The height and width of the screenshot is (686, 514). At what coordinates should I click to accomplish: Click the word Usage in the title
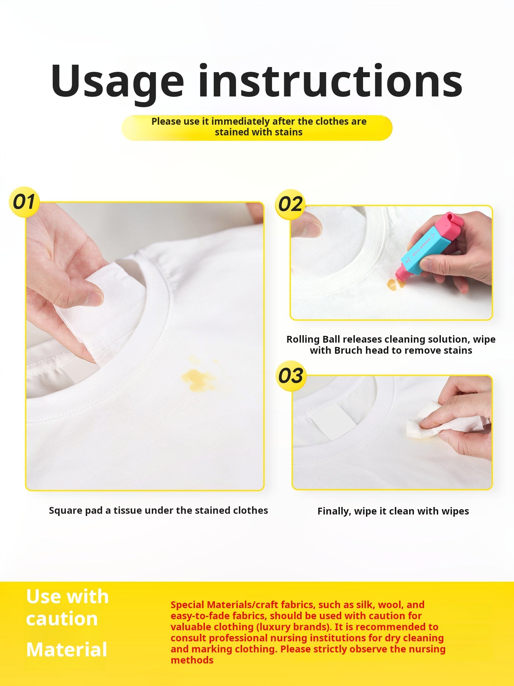(x=117, y=82)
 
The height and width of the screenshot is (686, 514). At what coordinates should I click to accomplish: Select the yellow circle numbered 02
(x=290, y=204)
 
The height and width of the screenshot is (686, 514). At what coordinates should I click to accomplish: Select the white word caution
(x=62, y=619)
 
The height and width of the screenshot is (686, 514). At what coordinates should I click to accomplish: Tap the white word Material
(x=67, y=650)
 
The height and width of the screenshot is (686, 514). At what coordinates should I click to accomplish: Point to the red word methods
(x=192, y=660)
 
